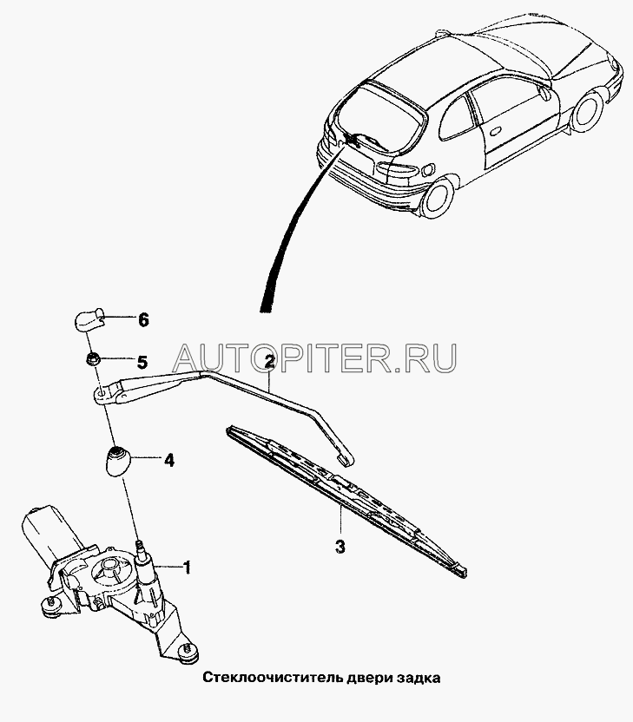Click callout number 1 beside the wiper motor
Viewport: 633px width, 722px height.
point(187,568)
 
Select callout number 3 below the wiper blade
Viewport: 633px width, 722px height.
point(340,547)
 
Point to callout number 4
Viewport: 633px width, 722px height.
point(169,460)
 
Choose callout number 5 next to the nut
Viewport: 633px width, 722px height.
point(142,363)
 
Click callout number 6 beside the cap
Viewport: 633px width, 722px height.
point(144,319)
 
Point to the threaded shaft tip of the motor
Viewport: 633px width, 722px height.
point(140,546)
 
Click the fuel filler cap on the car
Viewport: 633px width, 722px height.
point(427,169)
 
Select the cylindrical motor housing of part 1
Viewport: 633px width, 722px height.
point(49,530)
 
